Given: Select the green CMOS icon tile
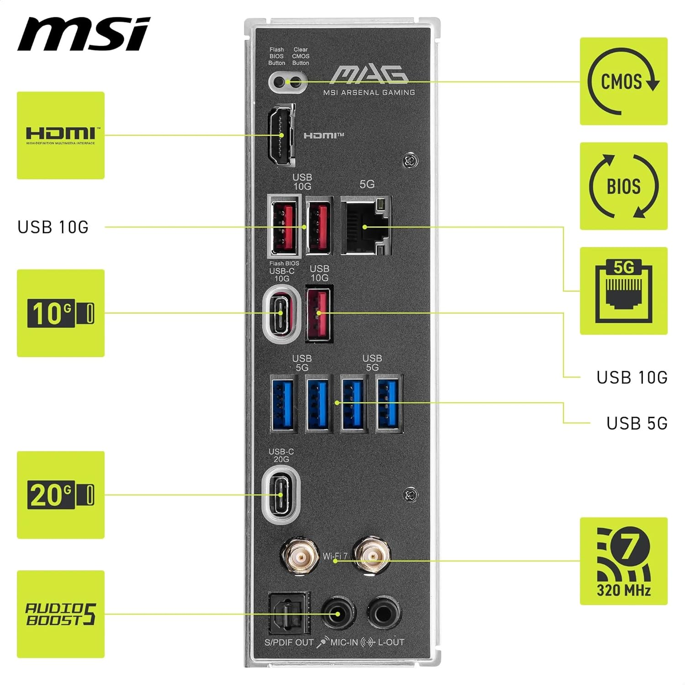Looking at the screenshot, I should (x=623, y=81).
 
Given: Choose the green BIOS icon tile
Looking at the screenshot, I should (x=623, y=186).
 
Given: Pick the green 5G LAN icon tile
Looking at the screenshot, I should (x=623, y=291).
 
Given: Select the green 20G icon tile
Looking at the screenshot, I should (x=61, y=495).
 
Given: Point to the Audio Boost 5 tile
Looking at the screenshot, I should (x=61, y=614).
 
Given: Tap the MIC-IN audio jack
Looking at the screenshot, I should (x=338, y=614).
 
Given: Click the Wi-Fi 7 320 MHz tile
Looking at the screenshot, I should (x=623, y=561).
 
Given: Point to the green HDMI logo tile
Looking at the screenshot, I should (x=61, y=135).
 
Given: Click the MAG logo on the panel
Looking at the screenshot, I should (x=369, y=75).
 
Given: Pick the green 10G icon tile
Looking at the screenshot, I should (x=61, y=313).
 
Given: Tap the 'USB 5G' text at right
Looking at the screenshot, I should (x=637, y=423).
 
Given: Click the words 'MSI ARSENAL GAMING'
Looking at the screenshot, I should (x=369, y=93).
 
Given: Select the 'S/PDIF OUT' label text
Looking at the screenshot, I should (x=289, y=643).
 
